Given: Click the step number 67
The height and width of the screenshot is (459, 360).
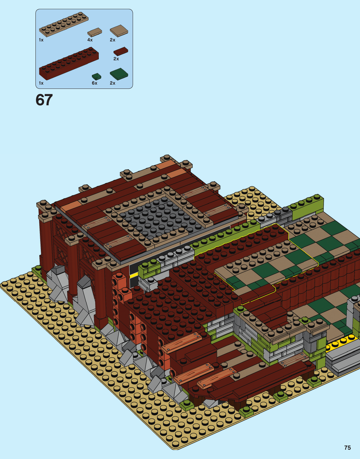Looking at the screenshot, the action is pos(44,100).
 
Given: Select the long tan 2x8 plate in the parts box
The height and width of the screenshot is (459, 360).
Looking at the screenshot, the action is pos(64,24).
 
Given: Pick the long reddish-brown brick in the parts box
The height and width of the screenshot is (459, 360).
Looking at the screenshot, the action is pos(69,63).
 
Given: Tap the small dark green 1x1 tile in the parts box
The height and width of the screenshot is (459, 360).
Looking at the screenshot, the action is pos(96,76).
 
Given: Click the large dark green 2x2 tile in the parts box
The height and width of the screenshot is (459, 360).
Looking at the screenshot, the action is pos(119,74).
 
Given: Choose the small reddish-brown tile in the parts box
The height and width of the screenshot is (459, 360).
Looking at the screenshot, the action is pos(121,51).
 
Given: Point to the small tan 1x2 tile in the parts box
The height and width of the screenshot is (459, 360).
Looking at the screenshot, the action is pos(95,32).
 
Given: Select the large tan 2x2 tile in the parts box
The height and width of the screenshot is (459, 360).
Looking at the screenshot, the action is pos(119,31).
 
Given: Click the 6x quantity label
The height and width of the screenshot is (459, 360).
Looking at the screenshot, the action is pos(95,83).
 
